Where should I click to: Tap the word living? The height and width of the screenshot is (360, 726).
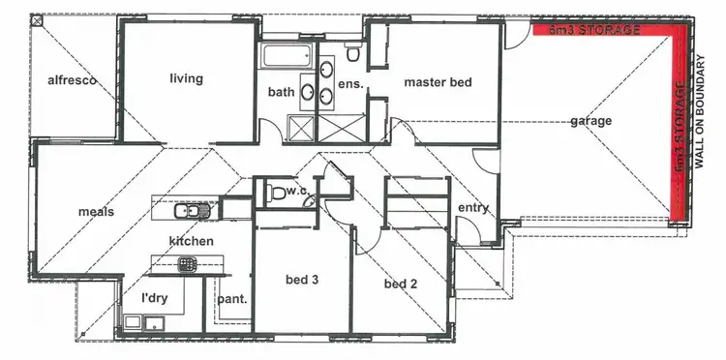tap(186, 79)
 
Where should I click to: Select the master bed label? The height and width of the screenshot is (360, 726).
tap(438, 82)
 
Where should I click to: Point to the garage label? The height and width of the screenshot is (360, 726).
tap(590, 122)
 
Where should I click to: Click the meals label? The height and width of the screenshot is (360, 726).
tap(97, 212)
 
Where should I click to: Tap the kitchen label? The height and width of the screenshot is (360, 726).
tap(192, 240)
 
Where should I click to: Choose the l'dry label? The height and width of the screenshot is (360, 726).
tap(155, 298)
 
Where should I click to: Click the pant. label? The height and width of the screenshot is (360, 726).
tap(232, 299)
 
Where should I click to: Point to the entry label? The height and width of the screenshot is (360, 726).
tap(473, 209)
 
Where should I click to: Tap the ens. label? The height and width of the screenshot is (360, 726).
tap(350, 84)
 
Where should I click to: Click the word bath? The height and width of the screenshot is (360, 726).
tap(281, 92)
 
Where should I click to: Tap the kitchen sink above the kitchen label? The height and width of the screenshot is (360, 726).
tap(187, 211)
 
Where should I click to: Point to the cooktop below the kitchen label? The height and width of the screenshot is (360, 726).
tap(187, 261)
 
